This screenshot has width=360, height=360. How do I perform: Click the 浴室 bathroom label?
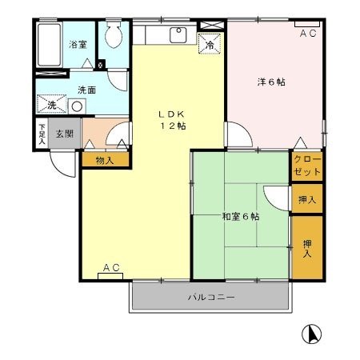[x=77, y=46]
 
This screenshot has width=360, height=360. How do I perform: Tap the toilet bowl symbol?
[x=114, y=35]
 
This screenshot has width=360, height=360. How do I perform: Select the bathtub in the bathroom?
[x=50, y=47]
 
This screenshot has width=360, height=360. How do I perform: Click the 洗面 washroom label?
[x=86, y=90]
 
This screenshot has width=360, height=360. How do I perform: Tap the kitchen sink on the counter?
[x=176, y=35]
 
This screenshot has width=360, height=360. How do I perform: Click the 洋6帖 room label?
[x=272, y=82]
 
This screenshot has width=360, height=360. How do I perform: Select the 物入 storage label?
[x=104, y=160]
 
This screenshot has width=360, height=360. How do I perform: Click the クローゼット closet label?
[x=307, y=166]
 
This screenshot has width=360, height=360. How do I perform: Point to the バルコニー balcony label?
[x=211, y=298]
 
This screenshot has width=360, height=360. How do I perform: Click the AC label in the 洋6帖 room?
[x=307, y=34]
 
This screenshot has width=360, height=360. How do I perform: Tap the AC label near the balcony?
[x=110, y=267]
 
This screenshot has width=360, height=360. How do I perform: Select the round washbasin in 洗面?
[x=78, y=106]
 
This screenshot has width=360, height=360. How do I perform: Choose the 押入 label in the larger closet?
[x=307, y=248]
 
